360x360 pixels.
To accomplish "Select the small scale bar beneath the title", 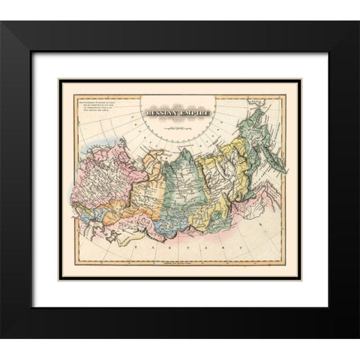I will [178, 127].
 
